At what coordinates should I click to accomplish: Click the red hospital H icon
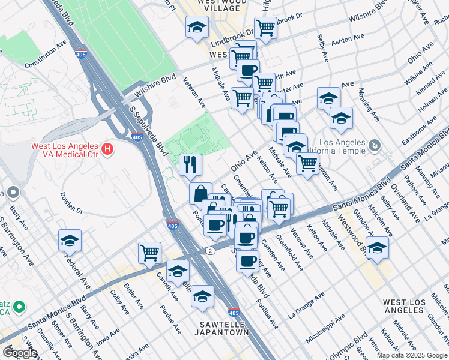pyautogui.click(x=107, y=148)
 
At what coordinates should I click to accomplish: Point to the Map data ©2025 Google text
pyautogui.click(x=412, y=355)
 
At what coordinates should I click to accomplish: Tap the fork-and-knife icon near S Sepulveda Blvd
pyautogui.click(x=190, y=164)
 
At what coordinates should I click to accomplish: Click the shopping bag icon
pyautogui.click(x=200, y=193)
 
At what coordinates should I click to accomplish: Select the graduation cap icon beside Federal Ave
pyautogui.click(x=70, y=241)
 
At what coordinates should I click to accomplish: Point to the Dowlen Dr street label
pyautogui.click(x=70, y=202)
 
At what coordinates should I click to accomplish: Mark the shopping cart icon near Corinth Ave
pyautogui.click(x=149, y=252)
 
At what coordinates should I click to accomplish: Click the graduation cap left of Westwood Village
pyautogui.click(x=196, y=27)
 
